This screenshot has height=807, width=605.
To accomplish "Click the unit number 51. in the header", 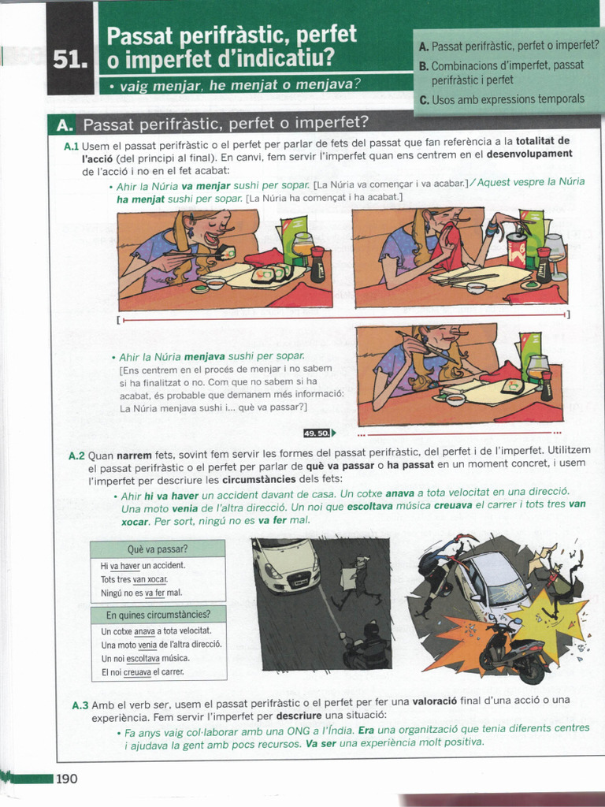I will [x=70, y=60].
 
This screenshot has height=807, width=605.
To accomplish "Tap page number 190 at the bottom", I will [x=67, y=779].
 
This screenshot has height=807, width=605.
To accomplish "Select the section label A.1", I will [x=71, y=147].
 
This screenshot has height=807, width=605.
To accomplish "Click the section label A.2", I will [x=76, y=456].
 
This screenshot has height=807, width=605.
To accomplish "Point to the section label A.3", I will [x=80, y=705].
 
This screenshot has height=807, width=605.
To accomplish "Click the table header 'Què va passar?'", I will [x=158, y=549].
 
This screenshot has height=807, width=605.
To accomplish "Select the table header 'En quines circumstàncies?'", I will [x=158, y=615].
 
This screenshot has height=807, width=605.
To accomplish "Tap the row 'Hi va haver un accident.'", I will [x=143, y=566].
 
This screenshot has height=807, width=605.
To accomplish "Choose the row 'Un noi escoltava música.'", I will [x=145, y=658].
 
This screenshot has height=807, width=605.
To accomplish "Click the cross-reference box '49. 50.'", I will [x=319, y=433].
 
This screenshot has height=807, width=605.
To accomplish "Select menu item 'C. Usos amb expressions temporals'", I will [x=502, y=99].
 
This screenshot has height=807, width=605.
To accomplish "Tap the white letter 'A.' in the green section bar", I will [x=65, y=125].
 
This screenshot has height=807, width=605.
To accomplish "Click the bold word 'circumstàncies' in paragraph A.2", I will [x=258, y=478].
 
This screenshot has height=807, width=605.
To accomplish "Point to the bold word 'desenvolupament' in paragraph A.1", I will [x=529, y=154].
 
